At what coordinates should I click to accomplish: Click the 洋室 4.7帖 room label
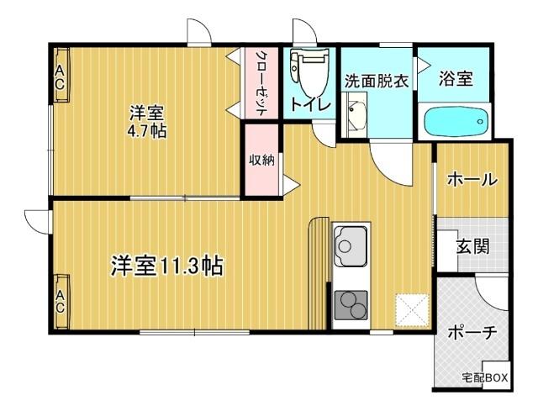(x=146, y=122)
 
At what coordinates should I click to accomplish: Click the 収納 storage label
(x=261, y=161)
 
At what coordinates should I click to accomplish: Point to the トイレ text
(x=309, y=105)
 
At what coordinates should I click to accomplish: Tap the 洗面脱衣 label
(x=377, y=81)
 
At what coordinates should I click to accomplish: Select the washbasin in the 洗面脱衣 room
(x=355, y=113)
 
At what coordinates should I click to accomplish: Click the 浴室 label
(x=456, y=79)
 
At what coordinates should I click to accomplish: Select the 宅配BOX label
(x=484, y=379)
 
